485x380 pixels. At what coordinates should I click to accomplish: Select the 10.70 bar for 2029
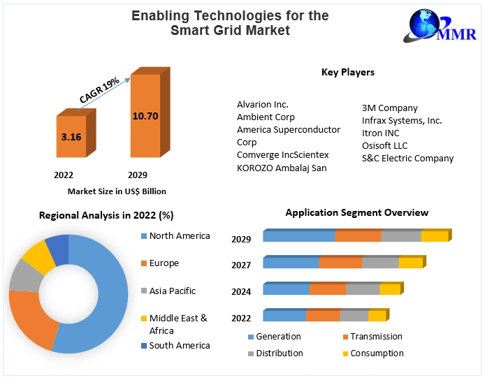tap(145, 115)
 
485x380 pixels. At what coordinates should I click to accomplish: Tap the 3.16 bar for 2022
tap(71, 137)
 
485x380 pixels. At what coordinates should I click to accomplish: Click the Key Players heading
tap(347, 72)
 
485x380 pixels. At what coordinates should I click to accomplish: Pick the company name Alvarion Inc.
tap(262, 105)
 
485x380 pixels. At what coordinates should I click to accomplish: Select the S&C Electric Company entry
tap(407, 158)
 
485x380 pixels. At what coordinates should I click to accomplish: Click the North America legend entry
tap(179, 236)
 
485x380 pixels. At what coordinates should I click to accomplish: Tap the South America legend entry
tap(179, 345)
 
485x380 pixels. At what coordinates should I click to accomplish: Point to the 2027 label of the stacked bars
tap(241, 265)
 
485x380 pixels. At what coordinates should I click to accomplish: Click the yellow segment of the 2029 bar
tap(433, 236)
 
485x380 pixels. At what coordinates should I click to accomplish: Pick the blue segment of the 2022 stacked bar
tap(284, 316)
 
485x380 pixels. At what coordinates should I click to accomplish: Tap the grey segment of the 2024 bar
tap(363, 289)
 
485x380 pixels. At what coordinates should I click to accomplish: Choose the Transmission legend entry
tap(376, 337)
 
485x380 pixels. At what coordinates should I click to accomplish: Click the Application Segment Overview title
tap(356, 212)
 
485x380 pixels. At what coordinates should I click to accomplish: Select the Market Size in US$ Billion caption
tap(117, 191)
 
